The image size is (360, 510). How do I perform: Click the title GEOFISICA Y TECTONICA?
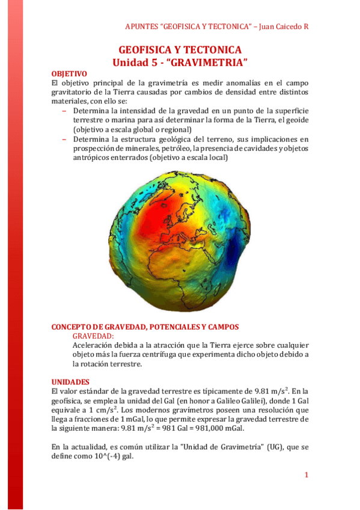point(180,49)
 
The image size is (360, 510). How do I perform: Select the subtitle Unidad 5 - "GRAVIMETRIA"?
point(180,62)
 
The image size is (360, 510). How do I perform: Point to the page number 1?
point(306,475)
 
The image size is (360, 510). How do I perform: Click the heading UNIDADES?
point(70,382)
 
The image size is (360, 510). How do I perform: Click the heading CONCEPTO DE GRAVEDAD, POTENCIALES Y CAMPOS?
point(145,327)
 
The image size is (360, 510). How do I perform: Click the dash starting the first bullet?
point(64,111)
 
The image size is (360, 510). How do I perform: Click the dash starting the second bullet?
point(64,139)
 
